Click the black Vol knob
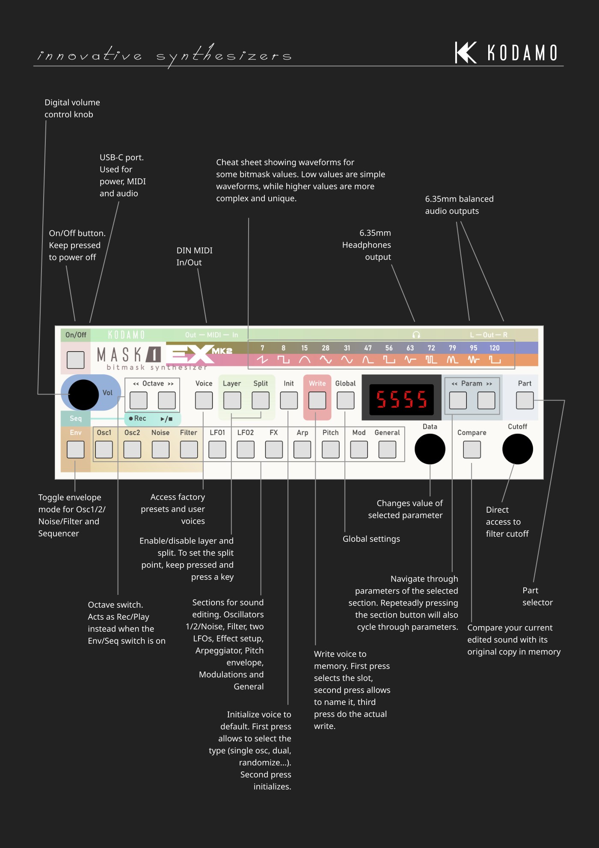click(x=83, y=394)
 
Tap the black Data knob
click(x=430, y=449)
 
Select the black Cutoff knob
click(x=517, y=449)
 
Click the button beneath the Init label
click(x=289, y=400)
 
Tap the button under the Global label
click(x=345, y=400)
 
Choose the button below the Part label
click(x=525, y=400)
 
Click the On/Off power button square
click(x=75, y=360)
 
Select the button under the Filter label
click(x=189, y=450)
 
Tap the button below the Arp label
click(x=302, y=450)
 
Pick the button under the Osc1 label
click(x=104, y=450)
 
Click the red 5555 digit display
click(x=401, y=399)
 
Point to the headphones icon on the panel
click(x=416, y=334)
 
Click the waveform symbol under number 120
click(x=495, y=360)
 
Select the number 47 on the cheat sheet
click(x=368, y=348)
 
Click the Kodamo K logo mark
click(x=466, y=53)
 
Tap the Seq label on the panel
click(x=76, y=418)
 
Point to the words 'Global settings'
click(x=371, y=539)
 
